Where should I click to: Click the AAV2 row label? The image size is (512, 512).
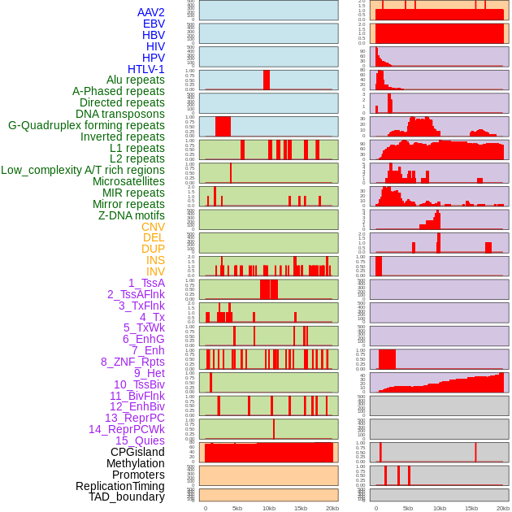[x=151, y=12]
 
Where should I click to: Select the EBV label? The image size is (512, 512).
[x=154, y=24]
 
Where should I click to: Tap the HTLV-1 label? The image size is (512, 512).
[x=146, y=69]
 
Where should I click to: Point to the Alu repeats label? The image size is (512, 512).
[x=136, y=80]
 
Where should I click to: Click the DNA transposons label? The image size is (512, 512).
[x=120, y=114]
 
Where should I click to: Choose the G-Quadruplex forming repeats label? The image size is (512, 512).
[x=86, y=125]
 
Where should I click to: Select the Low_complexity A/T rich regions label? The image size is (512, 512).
[x=83, y=170]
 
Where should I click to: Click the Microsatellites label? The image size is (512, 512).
[x=128, y=181]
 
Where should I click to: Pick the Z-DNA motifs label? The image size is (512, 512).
[x=132, y=215]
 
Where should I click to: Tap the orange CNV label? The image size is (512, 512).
[x=153, y=227]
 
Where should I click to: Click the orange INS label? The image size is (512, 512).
[x=155, y=260]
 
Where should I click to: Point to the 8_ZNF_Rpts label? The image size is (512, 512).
[x=132, y=362]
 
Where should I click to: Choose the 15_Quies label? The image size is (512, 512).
[x=140, y=440]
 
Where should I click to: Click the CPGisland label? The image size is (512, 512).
[x=137, y=452]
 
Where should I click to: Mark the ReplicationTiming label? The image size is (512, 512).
[x=119, y=486]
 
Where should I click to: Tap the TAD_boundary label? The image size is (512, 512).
[x=127, y=497]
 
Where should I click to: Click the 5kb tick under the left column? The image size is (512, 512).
[x=237, y=508]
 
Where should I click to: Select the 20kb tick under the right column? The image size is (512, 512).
[x=503, y=508]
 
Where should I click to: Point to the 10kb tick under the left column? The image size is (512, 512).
[x=269, y=508]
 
